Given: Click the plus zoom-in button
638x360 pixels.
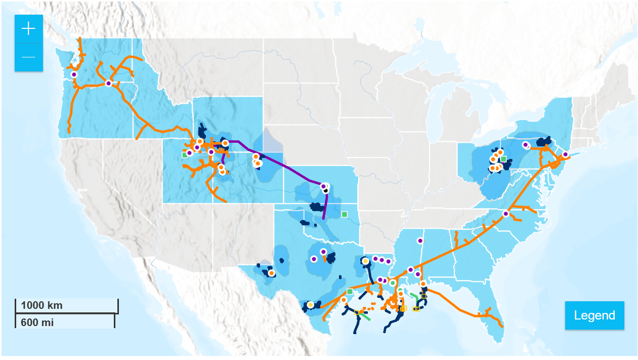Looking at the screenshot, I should [28, 29].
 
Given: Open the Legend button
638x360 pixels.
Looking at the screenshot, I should [594, 315].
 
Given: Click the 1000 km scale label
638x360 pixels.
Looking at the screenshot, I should [41, 305].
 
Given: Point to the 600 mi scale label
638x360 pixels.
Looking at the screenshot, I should [37, 322].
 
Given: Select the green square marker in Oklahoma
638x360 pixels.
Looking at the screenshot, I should [345, 214].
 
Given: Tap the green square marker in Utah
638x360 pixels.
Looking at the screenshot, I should [185, 155].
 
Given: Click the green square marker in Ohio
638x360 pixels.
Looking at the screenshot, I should [503, 159].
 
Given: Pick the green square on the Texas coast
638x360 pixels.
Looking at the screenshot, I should [350, 291].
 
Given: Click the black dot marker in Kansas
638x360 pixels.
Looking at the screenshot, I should [326, 190].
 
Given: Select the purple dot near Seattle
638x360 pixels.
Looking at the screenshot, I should [74, 74].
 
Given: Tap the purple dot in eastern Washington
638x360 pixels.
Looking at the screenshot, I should [108, 83].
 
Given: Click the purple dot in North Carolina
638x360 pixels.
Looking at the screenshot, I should [505, 214].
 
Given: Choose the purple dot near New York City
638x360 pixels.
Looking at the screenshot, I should [565, 154].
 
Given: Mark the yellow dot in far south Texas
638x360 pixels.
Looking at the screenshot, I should [310, 305].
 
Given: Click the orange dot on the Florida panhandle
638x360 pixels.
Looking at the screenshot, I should [423, 284].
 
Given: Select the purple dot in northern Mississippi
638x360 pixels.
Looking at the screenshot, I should [419, 241].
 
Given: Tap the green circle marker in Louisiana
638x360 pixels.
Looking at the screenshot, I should [393, 283].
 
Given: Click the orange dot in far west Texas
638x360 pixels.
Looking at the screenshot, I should [271, 273].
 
